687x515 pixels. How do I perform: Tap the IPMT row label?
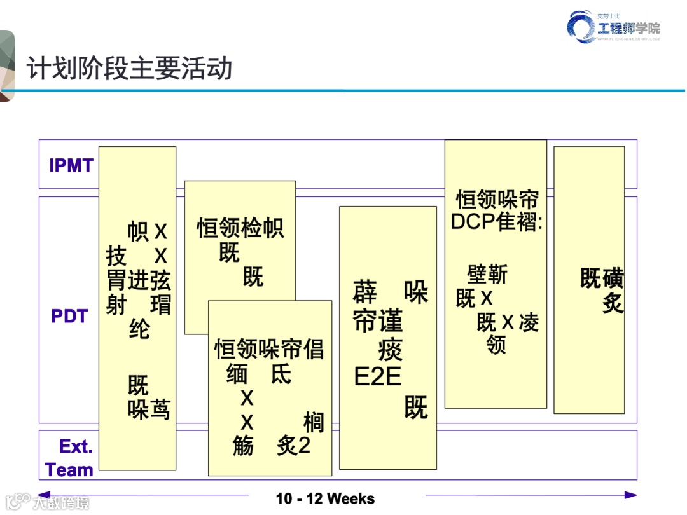(71, 166)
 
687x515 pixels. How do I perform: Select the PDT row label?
(69, 316)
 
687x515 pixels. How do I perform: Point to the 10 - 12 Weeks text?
(325, 498)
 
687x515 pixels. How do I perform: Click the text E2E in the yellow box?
(378, 377)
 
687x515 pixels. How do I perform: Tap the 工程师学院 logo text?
(628, 27)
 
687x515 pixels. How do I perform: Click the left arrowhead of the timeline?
(43, 495)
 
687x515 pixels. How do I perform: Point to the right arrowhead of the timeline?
(631, 495)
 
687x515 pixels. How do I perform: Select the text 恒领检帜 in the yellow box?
(240, 228)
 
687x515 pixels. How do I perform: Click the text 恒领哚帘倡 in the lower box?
(269, 349)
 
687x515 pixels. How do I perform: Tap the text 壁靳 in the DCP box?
(487, 275)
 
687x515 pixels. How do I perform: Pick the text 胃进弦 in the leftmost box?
(139, 280)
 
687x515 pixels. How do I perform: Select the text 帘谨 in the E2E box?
(378, 322)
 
